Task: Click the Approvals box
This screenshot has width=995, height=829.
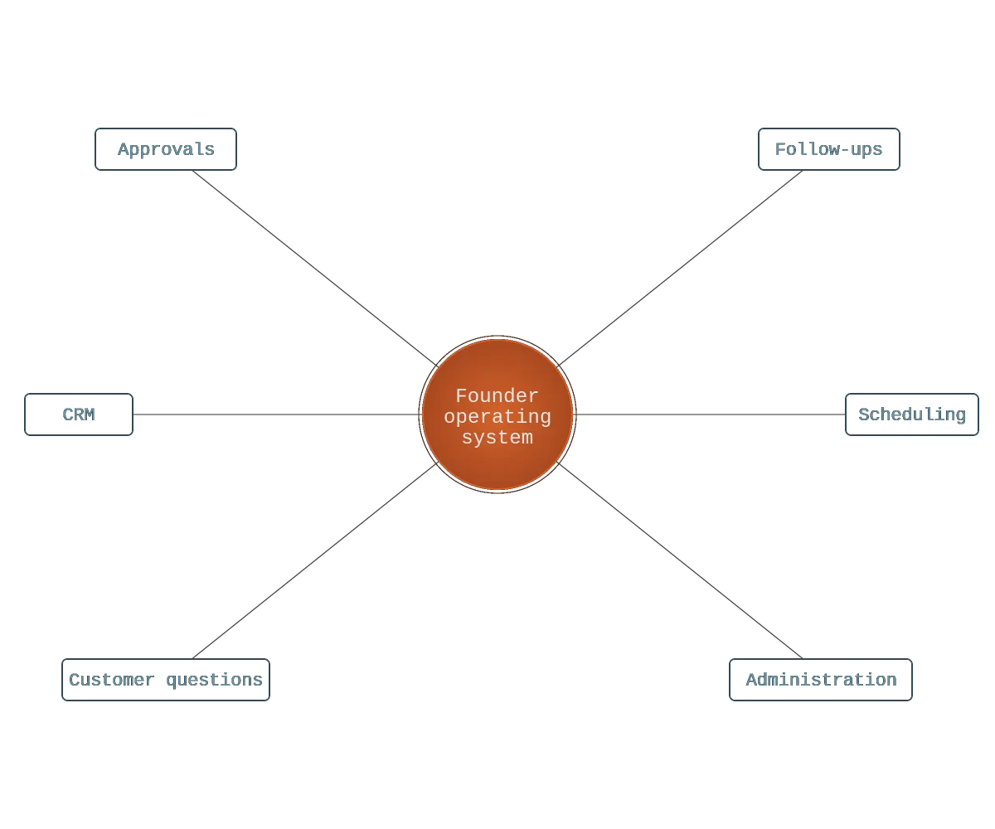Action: pos(165,149)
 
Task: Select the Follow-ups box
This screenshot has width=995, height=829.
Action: pos(828,149)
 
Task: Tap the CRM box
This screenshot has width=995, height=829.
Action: pos(79,414)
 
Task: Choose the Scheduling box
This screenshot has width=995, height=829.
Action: pos(911,414)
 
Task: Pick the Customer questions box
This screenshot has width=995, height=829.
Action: pos(165,680)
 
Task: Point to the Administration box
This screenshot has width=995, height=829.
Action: pos(821,680)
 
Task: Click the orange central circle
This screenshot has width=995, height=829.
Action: pos(498,414)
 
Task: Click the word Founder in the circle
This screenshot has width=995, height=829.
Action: pos(497,395)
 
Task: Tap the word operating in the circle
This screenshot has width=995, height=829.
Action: pos(498,417)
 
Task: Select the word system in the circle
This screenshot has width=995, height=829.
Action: pos(498,438)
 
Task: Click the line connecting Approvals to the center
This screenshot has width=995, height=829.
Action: pos(315,269)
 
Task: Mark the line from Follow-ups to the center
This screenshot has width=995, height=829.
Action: pos(680,269)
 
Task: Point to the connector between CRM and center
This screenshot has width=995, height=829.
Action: pos(276,414)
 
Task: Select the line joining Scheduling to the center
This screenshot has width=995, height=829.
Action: pos(711,414)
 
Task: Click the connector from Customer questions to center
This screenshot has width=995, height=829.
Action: pos(315,560)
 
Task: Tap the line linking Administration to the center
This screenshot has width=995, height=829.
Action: pos(680,560)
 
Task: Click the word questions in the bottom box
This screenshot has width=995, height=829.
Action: pos(214,681)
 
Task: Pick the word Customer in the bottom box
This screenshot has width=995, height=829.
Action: pos(111,680)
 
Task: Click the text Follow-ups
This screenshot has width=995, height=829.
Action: pos(828,150)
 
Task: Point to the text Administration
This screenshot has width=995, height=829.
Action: pos(821,680)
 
